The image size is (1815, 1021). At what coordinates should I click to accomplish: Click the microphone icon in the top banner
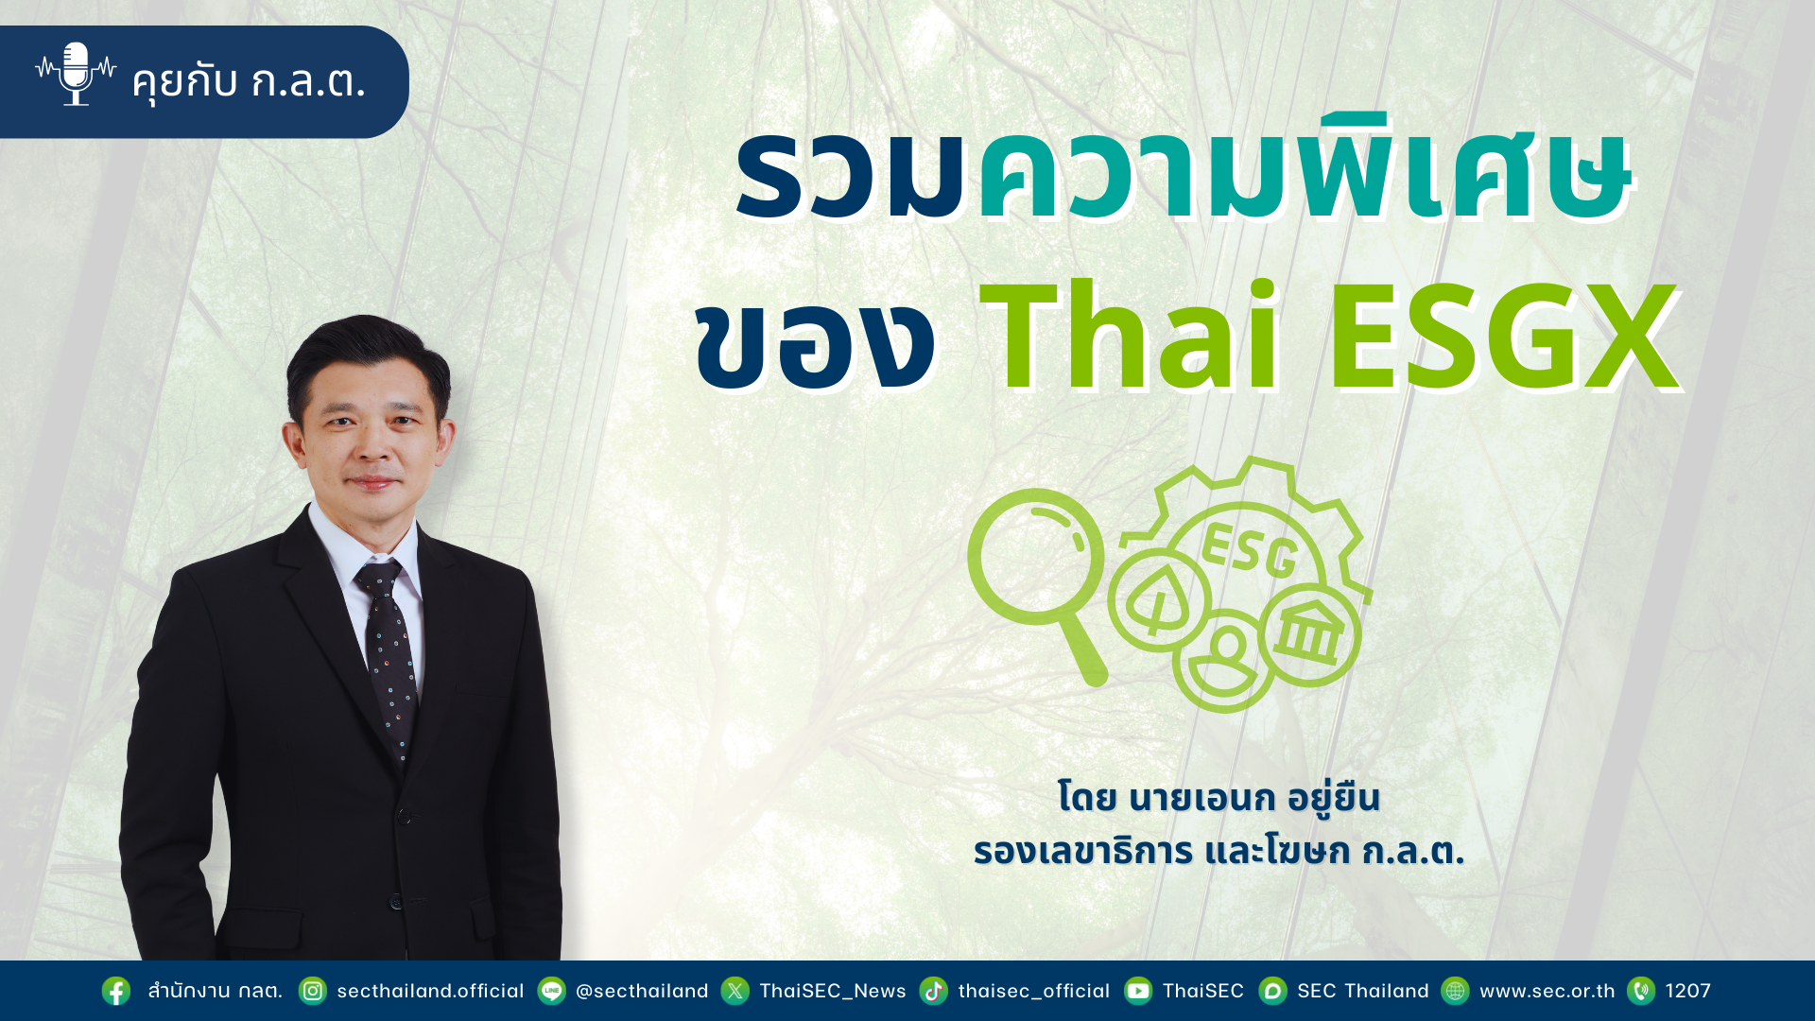click(x=76, y=74)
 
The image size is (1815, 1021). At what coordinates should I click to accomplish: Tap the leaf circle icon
click(x=1159, y=599)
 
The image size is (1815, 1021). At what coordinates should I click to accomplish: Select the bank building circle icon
click(x=1309, y=634)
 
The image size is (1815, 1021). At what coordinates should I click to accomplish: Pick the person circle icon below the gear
click(x=1224, y=660)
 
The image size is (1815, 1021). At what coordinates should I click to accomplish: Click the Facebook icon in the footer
click(x=116, y=991)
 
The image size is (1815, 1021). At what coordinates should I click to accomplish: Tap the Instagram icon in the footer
click(x=312, y=991)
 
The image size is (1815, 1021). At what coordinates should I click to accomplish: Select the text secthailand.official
click(x=430, y=991)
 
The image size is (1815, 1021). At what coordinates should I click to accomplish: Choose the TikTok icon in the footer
click(x=933, y=991)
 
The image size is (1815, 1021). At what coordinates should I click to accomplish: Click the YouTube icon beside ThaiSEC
click(x=1137, y=991)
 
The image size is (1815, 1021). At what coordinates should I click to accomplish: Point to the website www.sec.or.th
click(x=1547, y=991)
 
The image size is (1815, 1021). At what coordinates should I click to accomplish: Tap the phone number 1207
click(x=1688, y=991)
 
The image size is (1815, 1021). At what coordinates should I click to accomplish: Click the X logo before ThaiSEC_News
click(x=735, y=991)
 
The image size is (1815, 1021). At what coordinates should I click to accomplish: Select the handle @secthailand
click(x=642, y=991)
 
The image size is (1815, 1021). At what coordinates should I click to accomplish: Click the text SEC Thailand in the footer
click(x=1363, y=991)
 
